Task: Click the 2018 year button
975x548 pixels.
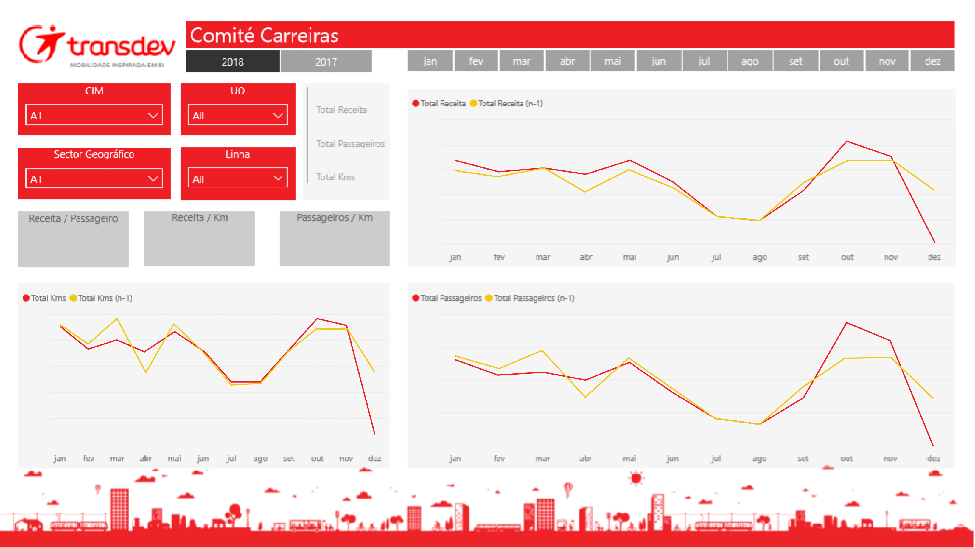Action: [232, 61]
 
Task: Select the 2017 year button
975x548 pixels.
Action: [326, 61]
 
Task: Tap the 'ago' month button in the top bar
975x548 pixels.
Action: [749, 61]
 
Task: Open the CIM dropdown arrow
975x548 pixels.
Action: [153, 115]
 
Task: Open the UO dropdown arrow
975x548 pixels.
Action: [278, 115]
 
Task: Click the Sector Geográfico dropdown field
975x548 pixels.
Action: [94, 179]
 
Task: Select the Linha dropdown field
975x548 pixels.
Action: [237, 178]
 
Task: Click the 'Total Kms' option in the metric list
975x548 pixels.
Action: [335, 177]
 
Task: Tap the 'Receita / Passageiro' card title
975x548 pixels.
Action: [73, 218]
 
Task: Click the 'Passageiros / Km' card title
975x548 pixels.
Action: [334, 218]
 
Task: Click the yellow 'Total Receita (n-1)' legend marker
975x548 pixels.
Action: [473, 103]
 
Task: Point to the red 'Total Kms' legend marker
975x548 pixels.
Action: [26, 298]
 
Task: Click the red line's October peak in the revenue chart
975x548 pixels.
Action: [847, 141]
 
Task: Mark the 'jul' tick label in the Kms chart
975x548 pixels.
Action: [231, 458]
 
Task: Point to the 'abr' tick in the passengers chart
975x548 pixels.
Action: [586, 458]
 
